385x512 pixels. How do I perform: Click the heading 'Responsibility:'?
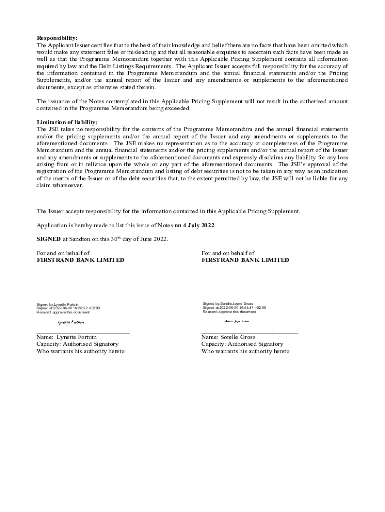57,38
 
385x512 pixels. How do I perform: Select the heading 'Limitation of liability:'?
67,122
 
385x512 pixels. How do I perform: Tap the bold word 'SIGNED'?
49,239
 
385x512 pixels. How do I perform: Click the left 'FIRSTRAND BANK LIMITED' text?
80,260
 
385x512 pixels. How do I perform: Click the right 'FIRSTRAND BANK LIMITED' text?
245,260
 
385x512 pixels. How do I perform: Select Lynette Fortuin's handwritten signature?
71,322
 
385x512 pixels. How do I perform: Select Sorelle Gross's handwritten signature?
237,321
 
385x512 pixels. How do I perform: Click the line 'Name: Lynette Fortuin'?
67,337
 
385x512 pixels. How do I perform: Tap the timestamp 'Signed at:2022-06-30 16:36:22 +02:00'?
68,308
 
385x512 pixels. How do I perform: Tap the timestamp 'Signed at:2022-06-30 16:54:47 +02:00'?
234,308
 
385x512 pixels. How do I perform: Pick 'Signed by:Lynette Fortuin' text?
57,304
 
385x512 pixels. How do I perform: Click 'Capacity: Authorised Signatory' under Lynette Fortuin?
77,344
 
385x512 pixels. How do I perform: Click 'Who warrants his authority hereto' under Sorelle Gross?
245,351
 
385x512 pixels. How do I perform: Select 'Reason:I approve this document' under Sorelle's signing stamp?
229,312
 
